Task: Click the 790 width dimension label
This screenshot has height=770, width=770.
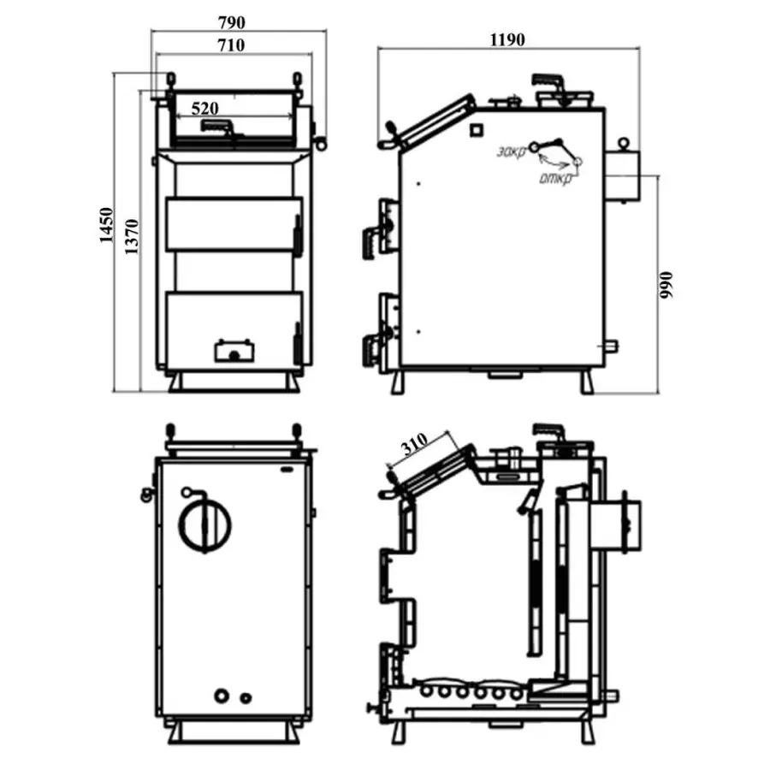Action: [x=231, y=22]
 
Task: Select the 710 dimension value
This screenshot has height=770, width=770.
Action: [x=231, y=45]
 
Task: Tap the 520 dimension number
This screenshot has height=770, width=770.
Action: [x=204, y=108]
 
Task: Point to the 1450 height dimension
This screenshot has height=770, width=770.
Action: [x=106, y=225]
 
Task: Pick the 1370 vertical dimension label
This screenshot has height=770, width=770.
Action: [x=132, y=237]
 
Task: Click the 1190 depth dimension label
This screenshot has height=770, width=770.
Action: [x=507, y=39]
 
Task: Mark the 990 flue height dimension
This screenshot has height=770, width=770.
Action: [x=666, y=285]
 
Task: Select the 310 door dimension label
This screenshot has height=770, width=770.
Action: [x=414, y=443]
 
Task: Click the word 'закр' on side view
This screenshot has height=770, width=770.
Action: [x=511, y=151]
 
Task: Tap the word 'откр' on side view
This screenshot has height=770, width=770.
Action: [x=556, y=179]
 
